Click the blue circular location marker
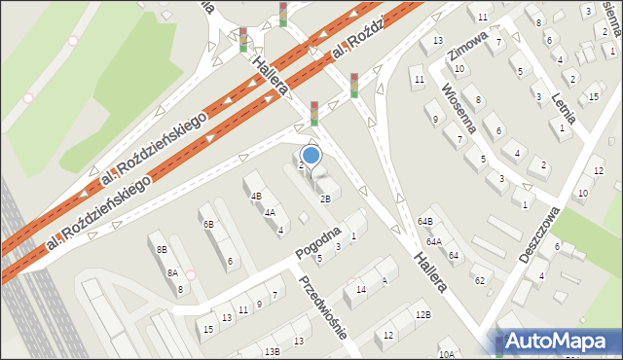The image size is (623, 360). point(311,155)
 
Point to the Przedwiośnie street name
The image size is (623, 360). point(324,306)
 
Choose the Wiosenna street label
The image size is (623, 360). point(458,109)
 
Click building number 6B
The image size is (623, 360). point(208,225)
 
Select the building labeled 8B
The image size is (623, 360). point(161,250)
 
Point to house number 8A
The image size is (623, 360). point(172,273)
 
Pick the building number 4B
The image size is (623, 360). point(256,196)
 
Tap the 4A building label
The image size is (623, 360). point(270,212)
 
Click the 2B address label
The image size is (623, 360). point(325,198)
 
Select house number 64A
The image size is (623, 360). point(433,241)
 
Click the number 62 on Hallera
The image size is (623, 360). point(479,280)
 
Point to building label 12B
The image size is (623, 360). point(422,314)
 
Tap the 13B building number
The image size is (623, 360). point(274,351)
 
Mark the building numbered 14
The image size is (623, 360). point(361,290)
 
